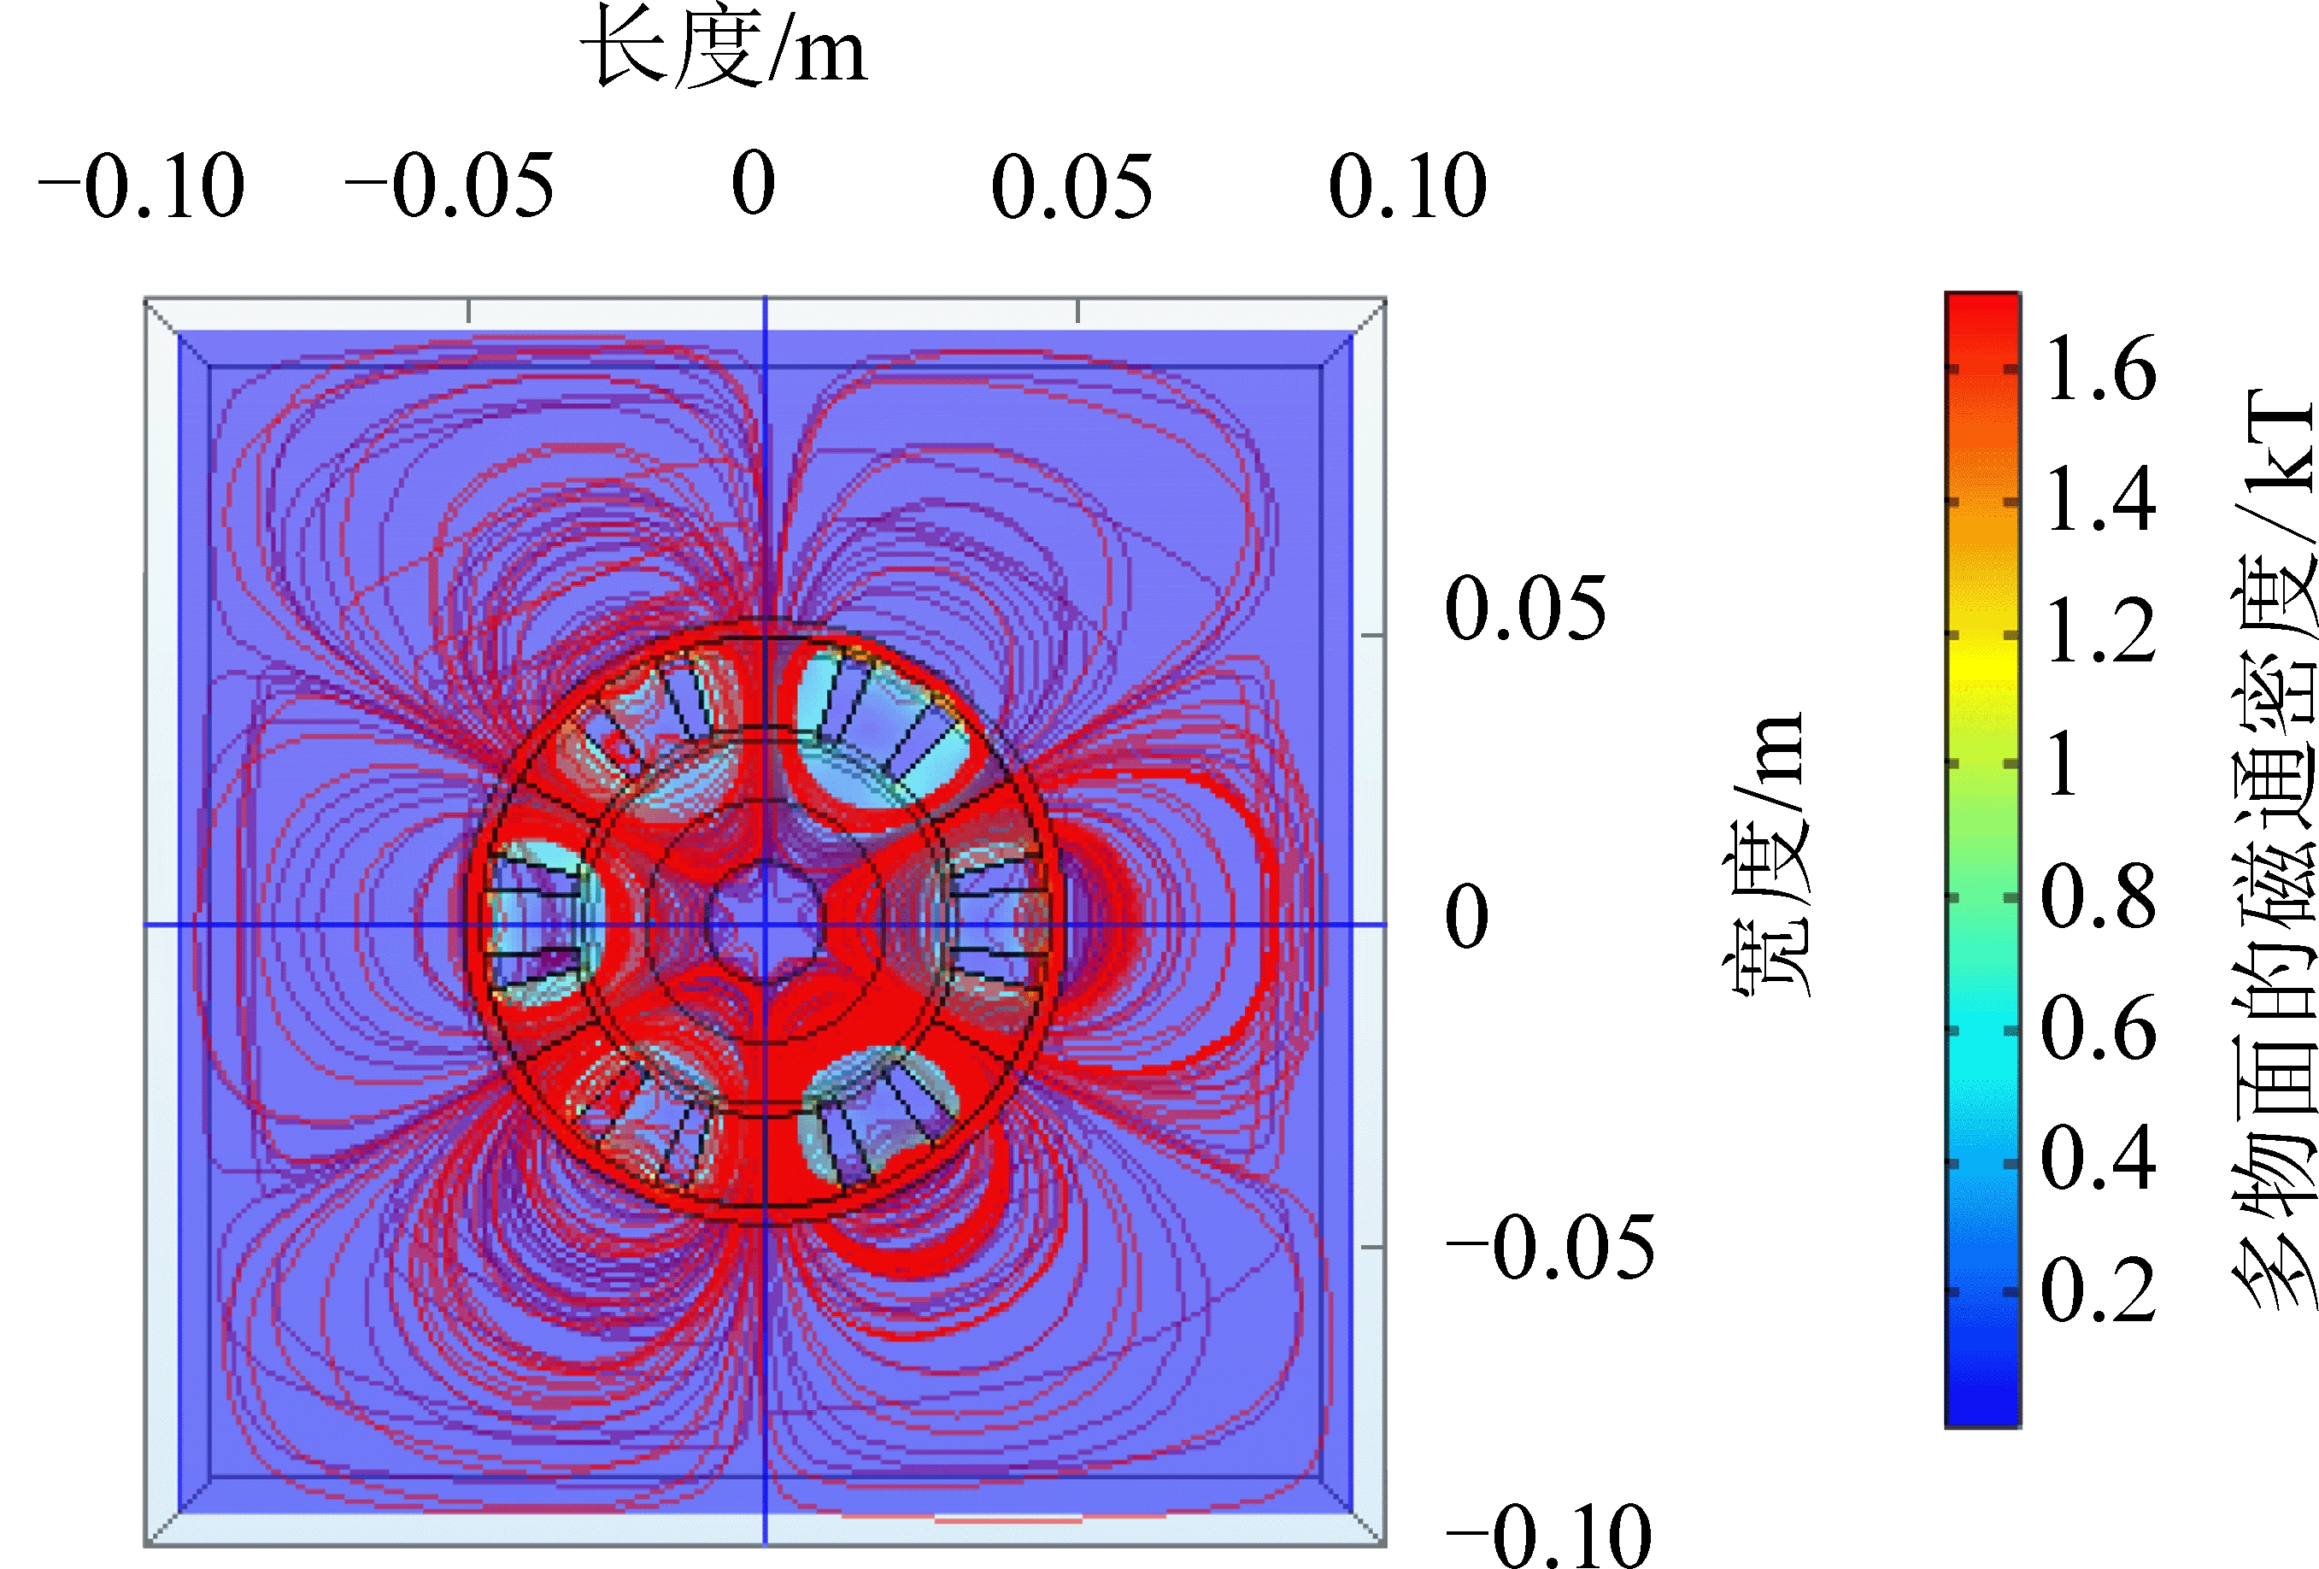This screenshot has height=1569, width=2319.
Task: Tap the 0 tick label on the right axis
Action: click(1466, 915)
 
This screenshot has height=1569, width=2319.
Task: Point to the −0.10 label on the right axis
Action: click(1548, 1536)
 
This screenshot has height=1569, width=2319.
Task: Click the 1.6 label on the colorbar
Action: click(2099, 369)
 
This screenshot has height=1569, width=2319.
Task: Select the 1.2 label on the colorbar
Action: click(2099, 631)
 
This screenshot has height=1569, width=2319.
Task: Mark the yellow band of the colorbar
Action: click(1981, 654)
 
